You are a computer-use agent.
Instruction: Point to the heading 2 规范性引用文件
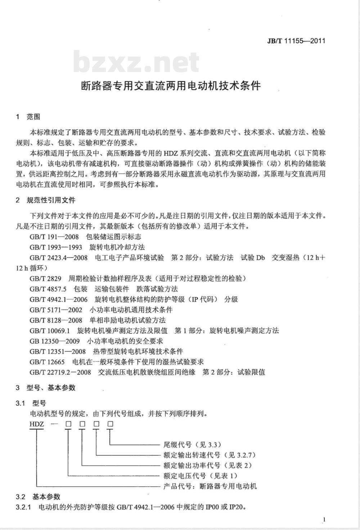click(45, 200)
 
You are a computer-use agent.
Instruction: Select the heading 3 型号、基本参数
click(45, 388)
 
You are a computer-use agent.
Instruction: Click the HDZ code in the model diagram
click(37, 424)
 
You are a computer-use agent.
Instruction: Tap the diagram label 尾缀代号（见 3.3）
click(192, 445)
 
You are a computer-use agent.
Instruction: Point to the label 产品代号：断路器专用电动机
click(210, 486)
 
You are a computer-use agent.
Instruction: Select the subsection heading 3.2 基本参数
click(38, 497)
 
